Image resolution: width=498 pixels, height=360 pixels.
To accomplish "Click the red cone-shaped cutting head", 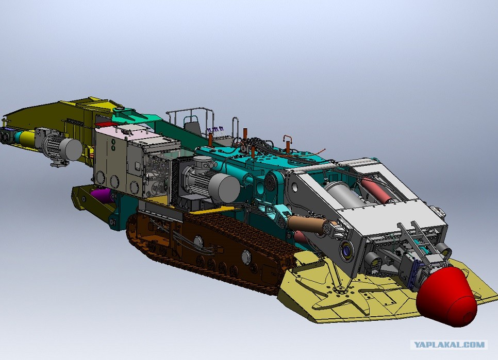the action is pos(446,296).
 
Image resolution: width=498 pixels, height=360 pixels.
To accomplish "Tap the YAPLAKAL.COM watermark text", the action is pos(449,345).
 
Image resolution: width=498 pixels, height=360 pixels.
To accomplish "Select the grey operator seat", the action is pos(192,125).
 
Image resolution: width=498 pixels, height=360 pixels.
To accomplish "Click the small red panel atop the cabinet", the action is pos(104,124).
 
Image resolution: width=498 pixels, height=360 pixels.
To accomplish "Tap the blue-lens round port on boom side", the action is pos(346,250).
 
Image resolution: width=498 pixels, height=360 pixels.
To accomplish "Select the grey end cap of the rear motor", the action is pos(71,149).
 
